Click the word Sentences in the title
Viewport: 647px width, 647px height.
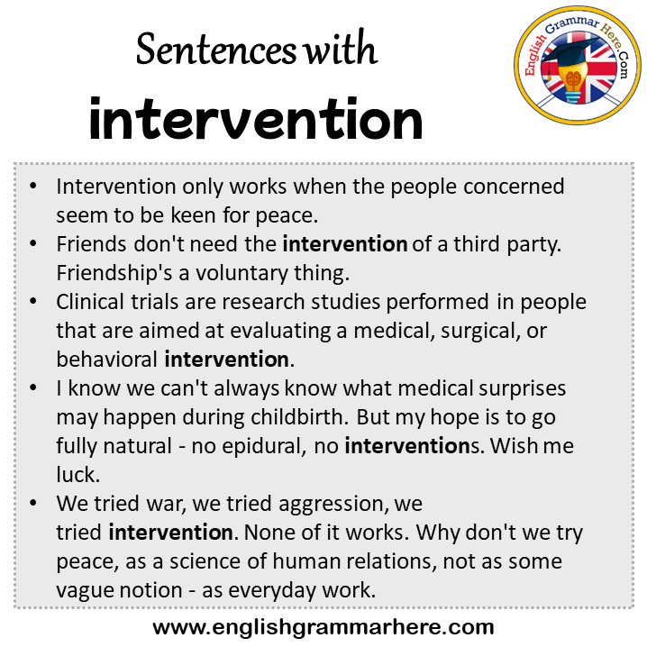(x=216, y=50)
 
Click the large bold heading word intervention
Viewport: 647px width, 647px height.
(x=256, y=119)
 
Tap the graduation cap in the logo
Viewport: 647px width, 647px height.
(x=570, y=53)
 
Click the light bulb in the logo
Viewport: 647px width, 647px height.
(x=572, y=83)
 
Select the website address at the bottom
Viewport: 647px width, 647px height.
(x=323, y=627)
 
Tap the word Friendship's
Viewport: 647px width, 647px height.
(x=114, y=273)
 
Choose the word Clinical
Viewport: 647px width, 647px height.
(x=90, y=302)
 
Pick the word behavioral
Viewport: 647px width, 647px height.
(x=107, y=359)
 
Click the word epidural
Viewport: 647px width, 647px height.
(x=265, y=446)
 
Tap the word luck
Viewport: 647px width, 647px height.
(x=78, y=475)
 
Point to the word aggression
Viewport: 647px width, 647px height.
(x=333, y=505)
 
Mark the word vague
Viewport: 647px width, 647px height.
(x=85, y=591)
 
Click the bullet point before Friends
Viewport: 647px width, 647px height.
(x=33, y=244)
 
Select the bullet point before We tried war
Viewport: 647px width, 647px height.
(x=33, y=503)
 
